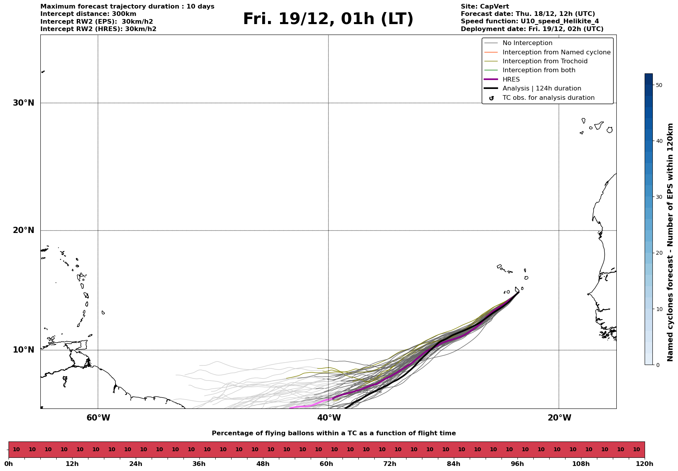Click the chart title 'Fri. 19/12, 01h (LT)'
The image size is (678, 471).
pos(328,19)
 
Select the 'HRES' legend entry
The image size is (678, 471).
pos(511,80)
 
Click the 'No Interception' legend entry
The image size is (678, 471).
pos(527,43)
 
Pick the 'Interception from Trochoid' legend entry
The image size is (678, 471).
pos(545,61)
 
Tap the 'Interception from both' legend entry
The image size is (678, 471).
pos(539,70)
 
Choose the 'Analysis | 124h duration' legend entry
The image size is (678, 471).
pos(541,89)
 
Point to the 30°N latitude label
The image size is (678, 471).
pos(24,103)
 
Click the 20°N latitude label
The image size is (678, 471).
pos(24,230)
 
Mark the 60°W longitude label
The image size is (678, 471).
pos(98,418)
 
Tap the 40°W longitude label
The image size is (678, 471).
pos(329,418)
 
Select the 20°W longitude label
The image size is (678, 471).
pos(559,418)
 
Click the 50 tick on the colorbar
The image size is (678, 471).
pos(659,85)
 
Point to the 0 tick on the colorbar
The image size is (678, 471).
pos(657,365)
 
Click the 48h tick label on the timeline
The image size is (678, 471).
pos(263,464)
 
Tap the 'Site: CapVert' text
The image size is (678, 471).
pos(485,7)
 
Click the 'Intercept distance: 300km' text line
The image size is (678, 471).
pos(88,14)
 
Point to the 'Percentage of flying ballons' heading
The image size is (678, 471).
pos(334,433)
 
